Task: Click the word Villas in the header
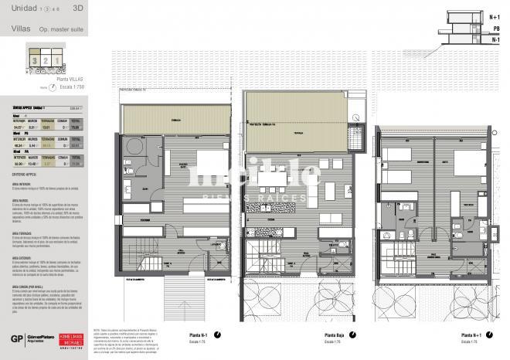click(x=22, y=29)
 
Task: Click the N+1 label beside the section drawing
click(x=495, y=15)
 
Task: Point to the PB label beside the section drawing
click(x=495, y=27)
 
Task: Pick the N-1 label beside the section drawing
click(x=495, y=38)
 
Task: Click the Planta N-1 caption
click(x=201, y=335)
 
